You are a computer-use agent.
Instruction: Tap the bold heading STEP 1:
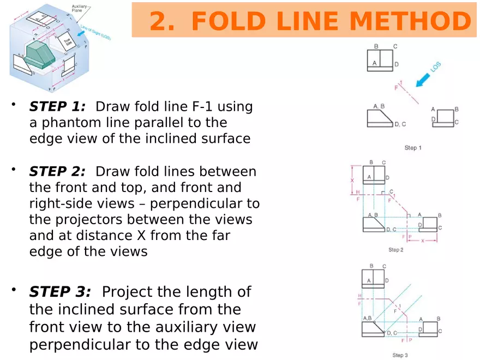[x=57, y=106]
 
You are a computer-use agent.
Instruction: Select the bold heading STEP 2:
[x=57, y=172]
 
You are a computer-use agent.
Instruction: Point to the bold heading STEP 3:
[x=60, y=292]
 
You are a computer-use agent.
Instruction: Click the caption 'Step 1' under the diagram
[x=413, y=148]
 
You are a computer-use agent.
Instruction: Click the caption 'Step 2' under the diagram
[x=396, y=250]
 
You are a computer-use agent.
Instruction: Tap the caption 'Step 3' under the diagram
[x=400, y=355]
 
